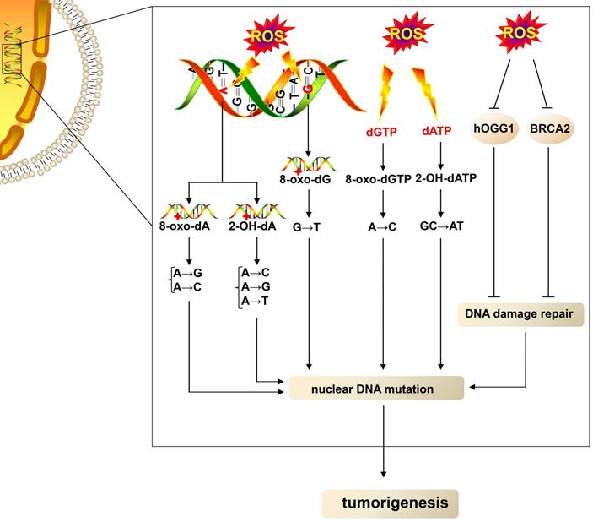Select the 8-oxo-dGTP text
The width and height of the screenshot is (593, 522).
pos(383,178)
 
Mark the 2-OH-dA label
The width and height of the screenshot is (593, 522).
pos(255,228)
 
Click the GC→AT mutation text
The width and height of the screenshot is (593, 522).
pos(441,227)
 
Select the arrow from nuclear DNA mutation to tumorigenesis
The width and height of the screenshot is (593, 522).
pos(385,439)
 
